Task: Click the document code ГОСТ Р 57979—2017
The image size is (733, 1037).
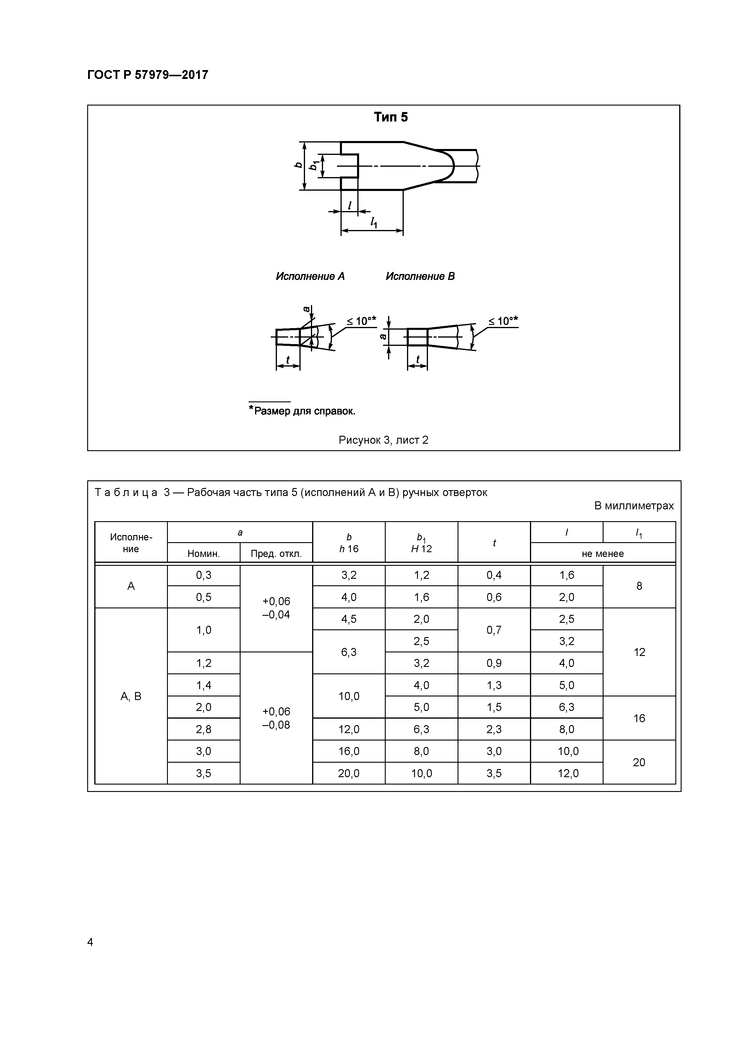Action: point(148,75)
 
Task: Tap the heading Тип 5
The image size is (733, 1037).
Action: point(391,117)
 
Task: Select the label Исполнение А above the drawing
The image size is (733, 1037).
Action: point(310,276)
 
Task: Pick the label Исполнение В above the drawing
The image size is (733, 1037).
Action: point(420,276)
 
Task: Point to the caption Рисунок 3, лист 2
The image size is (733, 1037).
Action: point(383,440)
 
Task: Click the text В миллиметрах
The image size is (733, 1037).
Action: point(634,506)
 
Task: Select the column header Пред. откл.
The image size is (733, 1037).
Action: point(276,554)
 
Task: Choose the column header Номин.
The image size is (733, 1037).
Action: point(204,554)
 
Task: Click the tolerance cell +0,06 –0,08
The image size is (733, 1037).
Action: point(276,718)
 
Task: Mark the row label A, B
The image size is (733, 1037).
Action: point(131,696)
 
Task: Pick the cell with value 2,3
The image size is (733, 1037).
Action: point(494,730)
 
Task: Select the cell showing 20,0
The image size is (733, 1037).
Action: point(349,774)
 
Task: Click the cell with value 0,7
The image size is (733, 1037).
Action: point(494,630)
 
